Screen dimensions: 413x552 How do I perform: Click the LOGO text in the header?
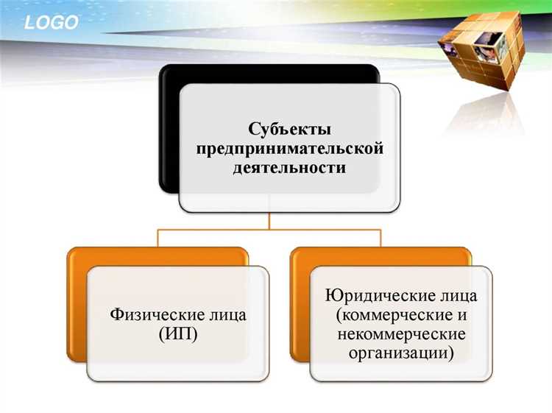(x=51, y=23)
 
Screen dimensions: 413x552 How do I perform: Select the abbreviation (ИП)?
(x=178, y=334)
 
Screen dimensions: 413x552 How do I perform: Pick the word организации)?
(x=402, y=353)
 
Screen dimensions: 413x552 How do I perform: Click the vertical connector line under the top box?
(x=270, y=221)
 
